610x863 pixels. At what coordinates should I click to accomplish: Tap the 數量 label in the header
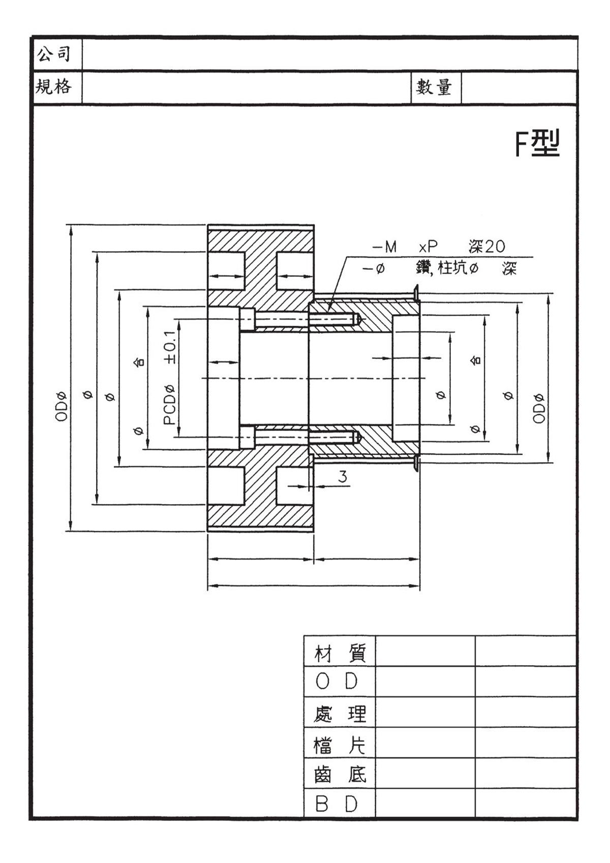434,87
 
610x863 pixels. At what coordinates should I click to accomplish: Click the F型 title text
537,144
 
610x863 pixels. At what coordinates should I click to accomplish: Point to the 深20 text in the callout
486,247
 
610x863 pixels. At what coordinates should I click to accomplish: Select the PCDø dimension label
170,405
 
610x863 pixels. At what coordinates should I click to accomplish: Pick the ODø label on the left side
62,406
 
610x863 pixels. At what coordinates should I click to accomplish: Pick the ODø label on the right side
539,408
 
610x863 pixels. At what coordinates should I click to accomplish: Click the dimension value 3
343,477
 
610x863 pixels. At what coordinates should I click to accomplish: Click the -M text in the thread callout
384,248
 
